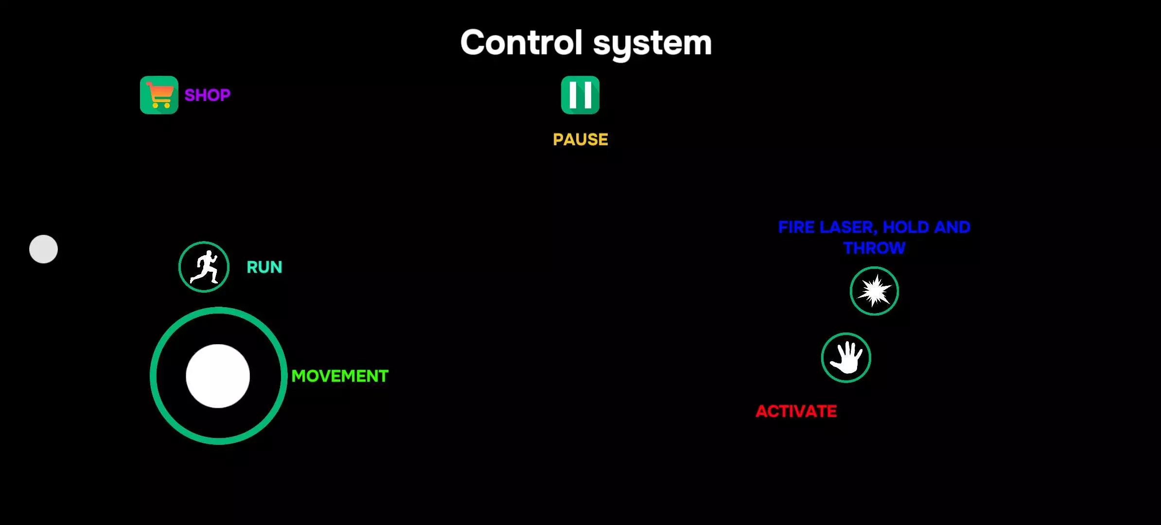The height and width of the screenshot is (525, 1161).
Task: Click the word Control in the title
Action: coord(521,43)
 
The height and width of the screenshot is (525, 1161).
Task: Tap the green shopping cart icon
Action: coord(159,95)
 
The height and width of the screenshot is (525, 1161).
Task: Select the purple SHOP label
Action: coord(208,95)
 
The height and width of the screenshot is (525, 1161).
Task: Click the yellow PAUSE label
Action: coord(580,140)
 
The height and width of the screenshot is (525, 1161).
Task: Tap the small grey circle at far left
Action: coord(43,249)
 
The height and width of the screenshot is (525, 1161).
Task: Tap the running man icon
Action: coord(204,267)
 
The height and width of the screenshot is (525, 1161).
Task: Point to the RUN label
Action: coord(264,267)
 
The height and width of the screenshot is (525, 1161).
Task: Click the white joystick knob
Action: coord(218,376)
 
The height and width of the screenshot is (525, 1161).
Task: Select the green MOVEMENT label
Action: coord(340,376)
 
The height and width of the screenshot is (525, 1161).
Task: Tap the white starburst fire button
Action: coord(874,291)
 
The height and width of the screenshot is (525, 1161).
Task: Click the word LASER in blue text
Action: coord(848,227)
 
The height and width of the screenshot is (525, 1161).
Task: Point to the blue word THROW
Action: coord(875,248)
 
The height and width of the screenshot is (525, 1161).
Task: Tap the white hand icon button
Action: coord(846,358)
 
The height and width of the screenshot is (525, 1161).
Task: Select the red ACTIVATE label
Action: coord(796,411)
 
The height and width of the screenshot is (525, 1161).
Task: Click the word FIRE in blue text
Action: coord(796,227)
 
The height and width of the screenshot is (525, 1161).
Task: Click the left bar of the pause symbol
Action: coord(574,95)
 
